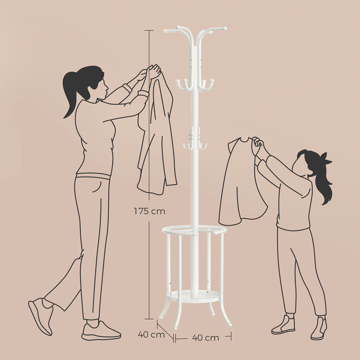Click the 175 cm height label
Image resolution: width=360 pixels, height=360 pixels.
[x=149, y=211]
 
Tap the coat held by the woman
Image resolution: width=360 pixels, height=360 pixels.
[x=157, y=134]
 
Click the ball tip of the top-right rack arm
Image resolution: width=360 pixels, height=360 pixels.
[x=225, y=28]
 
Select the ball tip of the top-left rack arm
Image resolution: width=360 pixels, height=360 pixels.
[x=165, y=31]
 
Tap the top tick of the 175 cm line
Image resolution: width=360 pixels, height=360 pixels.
[x=149, y=30]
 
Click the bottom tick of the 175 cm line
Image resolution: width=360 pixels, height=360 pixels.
[x=149, y=319]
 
